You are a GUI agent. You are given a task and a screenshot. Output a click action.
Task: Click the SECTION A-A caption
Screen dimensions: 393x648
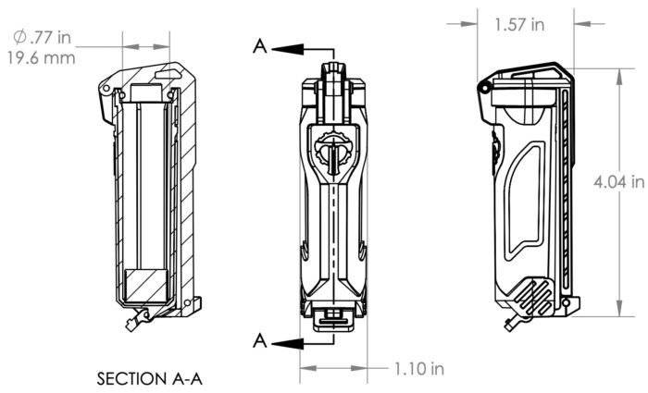coord(149,378)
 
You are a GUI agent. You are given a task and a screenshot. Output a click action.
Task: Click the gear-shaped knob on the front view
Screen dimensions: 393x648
coord(332,149)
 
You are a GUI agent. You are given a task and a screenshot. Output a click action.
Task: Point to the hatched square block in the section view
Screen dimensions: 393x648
coord(144,285)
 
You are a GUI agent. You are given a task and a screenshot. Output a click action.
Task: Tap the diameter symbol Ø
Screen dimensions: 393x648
coord(19,38)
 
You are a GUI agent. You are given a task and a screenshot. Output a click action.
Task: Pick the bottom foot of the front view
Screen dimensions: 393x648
coord(332,317)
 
